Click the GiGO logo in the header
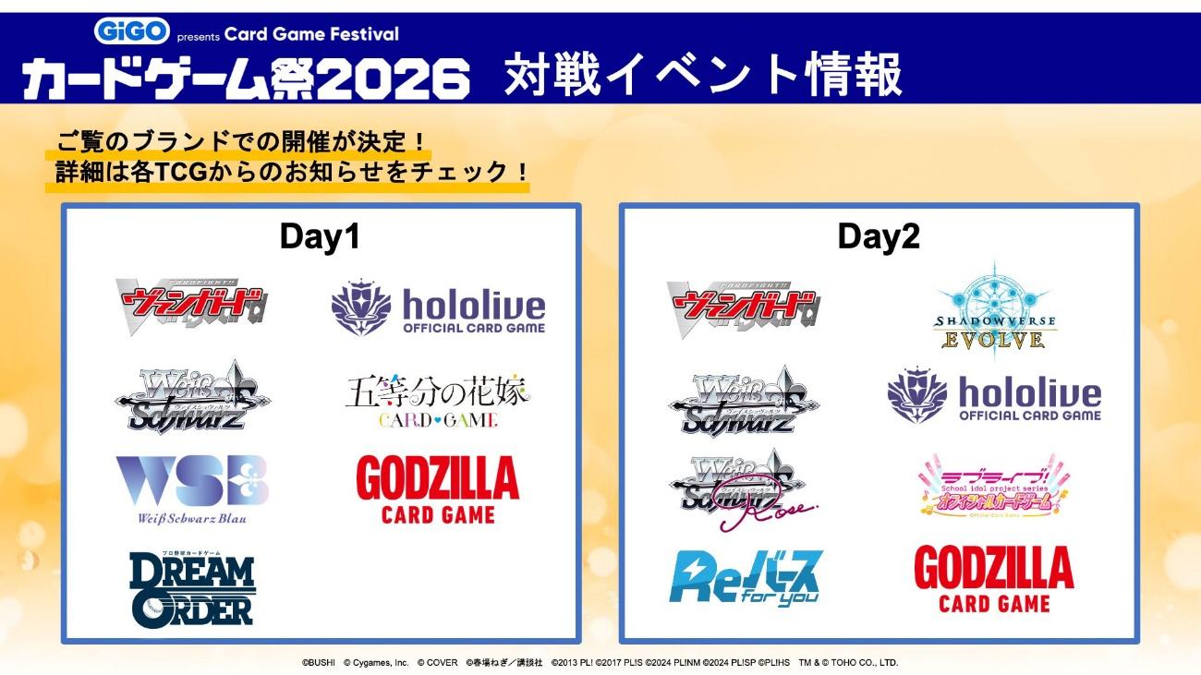pyautogui.click(x=132, y=30)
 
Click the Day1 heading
pyautogui.click(x=320, y=237)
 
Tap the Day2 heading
pyautogui.click(x=879, y=237)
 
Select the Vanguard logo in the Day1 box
pyautogui.click(x=190, y=307)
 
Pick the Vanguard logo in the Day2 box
pyautogui.click(x=743, y=308)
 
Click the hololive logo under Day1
pyautogui.click(x=438, y=309)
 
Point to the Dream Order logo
pyautogui.click(x=192, y=586)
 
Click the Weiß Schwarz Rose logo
pyautogui.click(x=739, y=489)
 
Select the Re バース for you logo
pyautogui.click(x=745, y=577)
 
